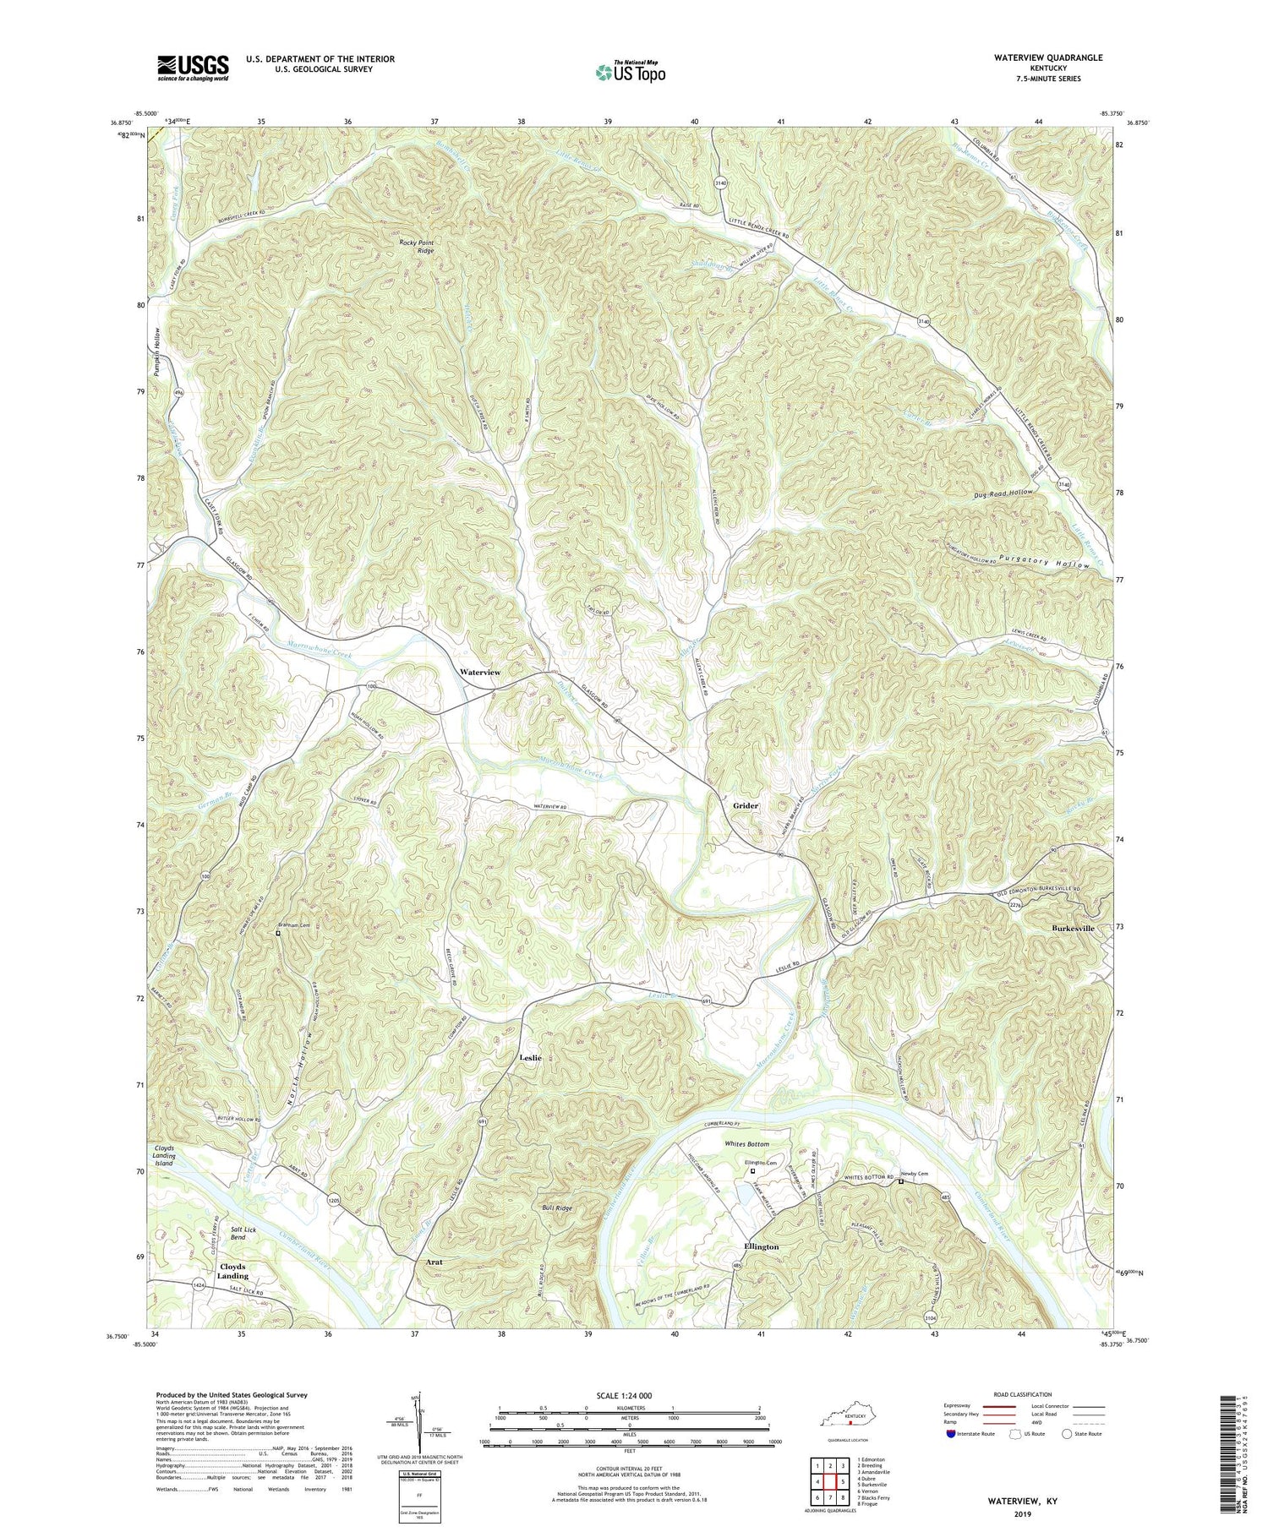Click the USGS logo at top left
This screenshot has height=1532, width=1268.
coord(192,68)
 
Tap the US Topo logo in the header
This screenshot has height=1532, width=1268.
coord(630,72)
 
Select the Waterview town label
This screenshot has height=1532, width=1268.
coord(479,672)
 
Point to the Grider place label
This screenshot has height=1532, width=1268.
coord(745,805)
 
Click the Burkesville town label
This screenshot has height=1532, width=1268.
coord(1073,928)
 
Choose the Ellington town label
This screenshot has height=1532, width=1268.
coord(761,1246)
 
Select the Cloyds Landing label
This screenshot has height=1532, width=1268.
coord(232,1271)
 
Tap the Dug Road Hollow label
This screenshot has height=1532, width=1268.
coord(997,492)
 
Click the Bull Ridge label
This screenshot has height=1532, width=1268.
coord(558,1208)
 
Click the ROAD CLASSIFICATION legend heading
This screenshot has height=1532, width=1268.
coord(1023,1394)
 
